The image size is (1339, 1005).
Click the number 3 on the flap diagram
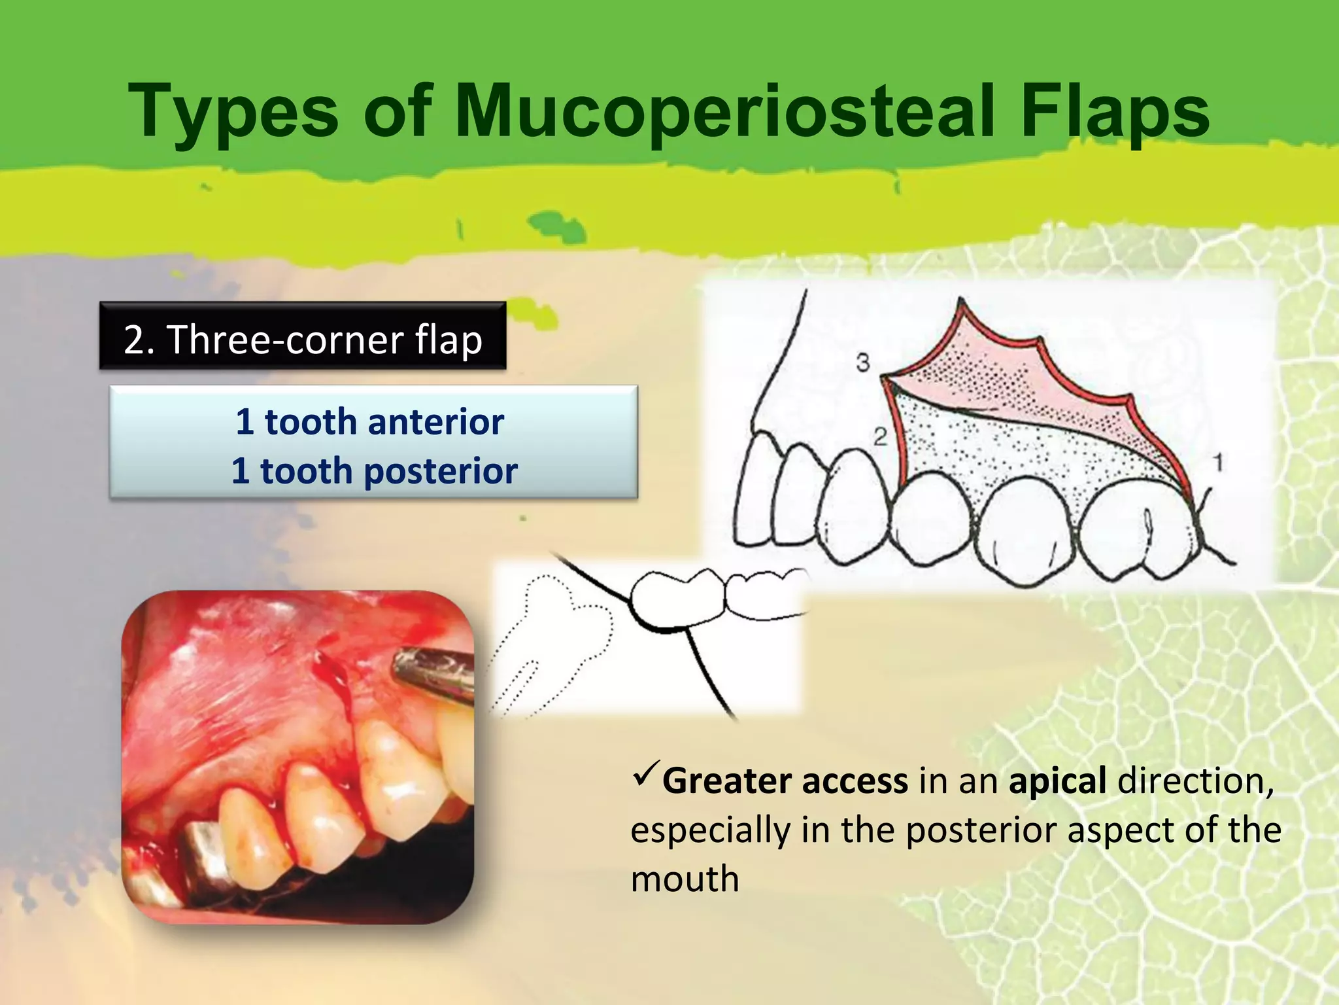point(863,362)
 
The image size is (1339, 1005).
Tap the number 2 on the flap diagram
point(880,436)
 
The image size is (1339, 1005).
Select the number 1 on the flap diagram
point(1217,463)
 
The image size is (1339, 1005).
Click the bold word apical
point(1057,781)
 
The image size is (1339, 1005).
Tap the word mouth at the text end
point(685,879)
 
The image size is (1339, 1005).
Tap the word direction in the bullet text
point(1195,781)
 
